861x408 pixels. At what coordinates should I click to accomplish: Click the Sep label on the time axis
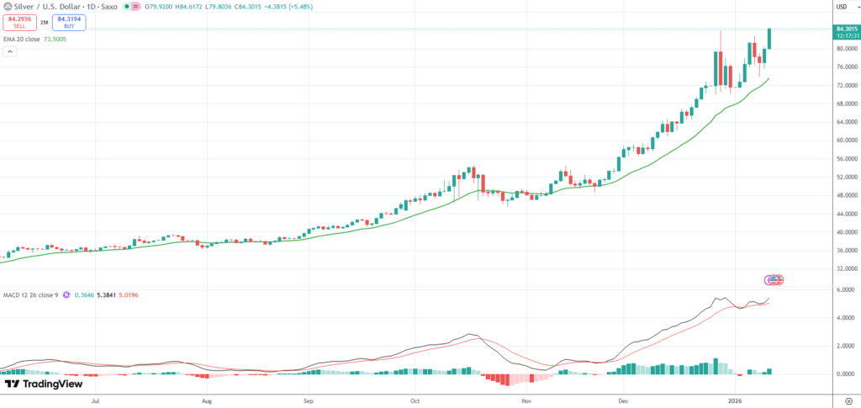309,402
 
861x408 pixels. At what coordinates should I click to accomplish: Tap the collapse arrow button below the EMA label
10,51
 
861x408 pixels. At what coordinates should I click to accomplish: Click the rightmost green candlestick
770,39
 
